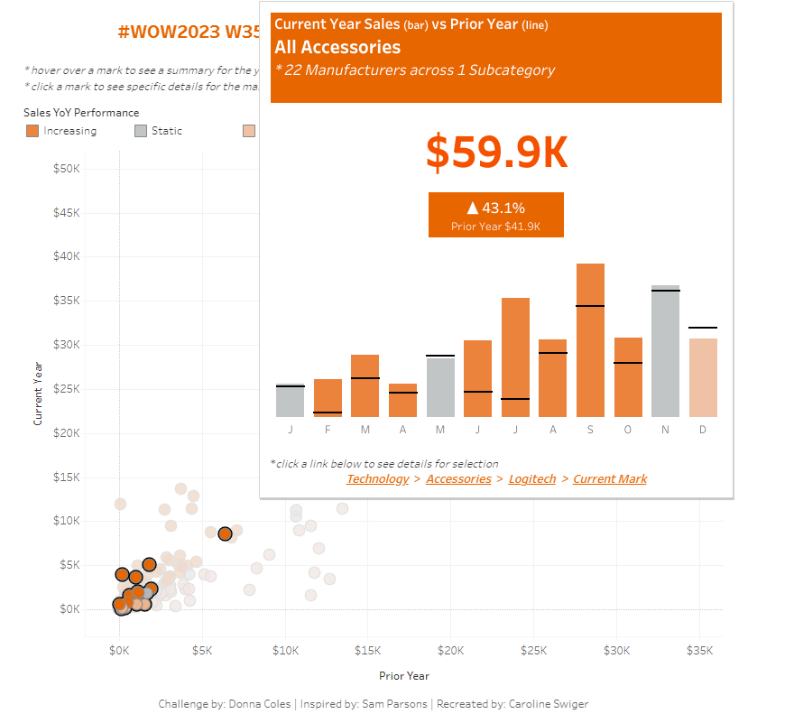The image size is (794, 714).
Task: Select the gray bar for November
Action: click(x=665, y=352)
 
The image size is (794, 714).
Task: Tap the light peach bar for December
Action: click(x=703, y=377)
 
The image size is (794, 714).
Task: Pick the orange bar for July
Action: click(x=515, y=357)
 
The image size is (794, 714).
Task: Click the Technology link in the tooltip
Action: click(x=377, y=479)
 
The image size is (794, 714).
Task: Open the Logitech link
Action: click(x=532, y=479)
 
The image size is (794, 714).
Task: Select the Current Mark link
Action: click(x=610, y=479)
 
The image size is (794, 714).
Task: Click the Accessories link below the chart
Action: click(x=458, y=479)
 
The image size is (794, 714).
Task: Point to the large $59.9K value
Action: click(x=496, y=153)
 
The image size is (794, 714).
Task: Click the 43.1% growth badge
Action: click(x=495, y=215)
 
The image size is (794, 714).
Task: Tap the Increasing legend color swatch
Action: click(x=32, y=131)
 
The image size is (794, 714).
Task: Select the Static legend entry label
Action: click(x=167, y=131)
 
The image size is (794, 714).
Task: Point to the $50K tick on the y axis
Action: click(x=67, y=170)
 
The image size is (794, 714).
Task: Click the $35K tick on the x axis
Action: click(x=699, y=650)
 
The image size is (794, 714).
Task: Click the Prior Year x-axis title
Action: click(x=403, y=676)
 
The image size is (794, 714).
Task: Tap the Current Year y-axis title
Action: click(x=38, y=394)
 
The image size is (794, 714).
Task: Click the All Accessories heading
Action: click(x=337, y=47)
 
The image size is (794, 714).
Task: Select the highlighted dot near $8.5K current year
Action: click(x=225, y=534)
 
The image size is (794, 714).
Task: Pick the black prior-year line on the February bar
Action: click(x=328, y=413)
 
